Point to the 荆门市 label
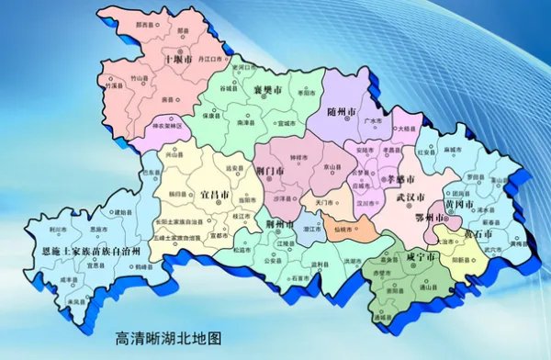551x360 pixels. pyautogui.click(x=272, y=169)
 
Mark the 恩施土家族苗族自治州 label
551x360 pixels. pyautogui.click(x=85, y=250)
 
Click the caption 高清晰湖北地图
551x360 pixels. pyautogui.click(x=163, y=338)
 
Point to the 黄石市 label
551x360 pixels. pyautogui.click(x=477, y=233)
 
